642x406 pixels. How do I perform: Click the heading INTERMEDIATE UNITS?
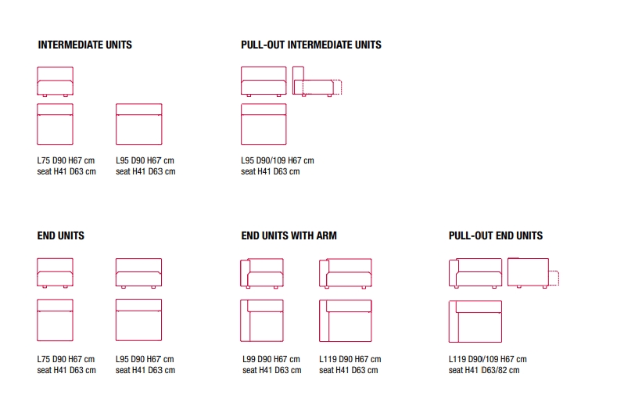pyautogui.click(x=84, y=45)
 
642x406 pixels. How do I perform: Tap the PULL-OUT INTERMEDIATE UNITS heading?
pyautogui.click(x=311, y=45)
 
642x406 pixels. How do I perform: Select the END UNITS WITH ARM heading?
pyautogui.click(x=289, y=235)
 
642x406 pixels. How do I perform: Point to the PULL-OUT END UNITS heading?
pyautogui.click(x=496, y=235)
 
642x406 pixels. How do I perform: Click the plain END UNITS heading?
pyautogui.click(x=60, y=235)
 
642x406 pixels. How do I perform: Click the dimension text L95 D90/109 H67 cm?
pyautogui.click(x=277, y=160)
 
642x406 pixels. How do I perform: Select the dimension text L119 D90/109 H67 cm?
pyautogui.click(x=488, y=359)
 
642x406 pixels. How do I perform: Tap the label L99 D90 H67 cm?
pyautogui.click(x=271, y=359)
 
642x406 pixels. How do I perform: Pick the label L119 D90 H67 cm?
pyautogui.click(x=350, y=359)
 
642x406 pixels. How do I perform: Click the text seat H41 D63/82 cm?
pyautogui.click(x=484, y=370)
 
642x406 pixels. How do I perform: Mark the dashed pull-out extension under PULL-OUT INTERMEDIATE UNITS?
pyautogui.click(x=337, y=88)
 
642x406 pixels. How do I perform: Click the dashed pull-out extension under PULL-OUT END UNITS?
pyautogui.click(x=554, y=278)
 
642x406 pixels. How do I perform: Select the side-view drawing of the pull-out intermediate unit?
pyautogui.click(x=317, y=81)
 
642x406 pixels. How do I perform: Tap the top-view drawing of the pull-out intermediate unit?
pyautogui.click(x=264, y=124)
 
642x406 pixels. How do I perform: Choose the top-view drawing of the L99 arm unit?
pyautogui.click(x=262, y=321)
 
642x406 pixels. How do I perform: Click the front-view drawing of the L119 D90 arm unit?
pyautogui.click(x=346, y=273)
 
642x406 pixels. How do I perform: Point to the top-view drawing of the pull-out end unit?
pyautogui.click(x=475, y=322)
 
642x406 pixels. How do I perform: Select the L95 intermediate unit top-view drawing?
pyautogui.click(x=138, y=124)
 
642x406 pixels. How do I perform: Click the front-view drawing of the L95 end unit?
pyautogui.click(x=138, y=273)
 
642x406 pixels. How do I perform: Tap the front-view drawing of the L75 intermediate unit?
pyautogui.click(x=56, y=81)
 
